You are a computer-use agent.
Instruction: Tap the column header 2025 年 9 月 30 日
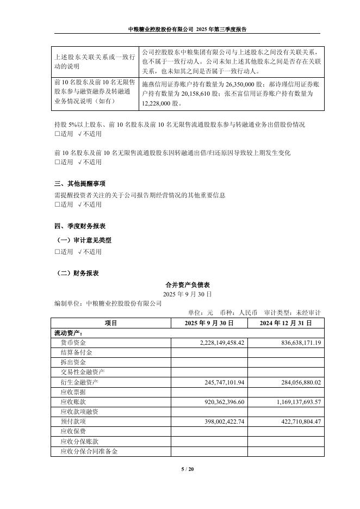(x=209, y=323)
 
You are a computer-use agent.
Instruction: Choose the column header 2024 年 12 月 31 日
(x=285, y=323)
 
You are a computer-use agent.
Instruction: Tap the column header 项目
(x=111, y=323)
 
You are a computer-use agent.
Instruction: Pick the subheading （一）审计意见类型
(x=84, y=240)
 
